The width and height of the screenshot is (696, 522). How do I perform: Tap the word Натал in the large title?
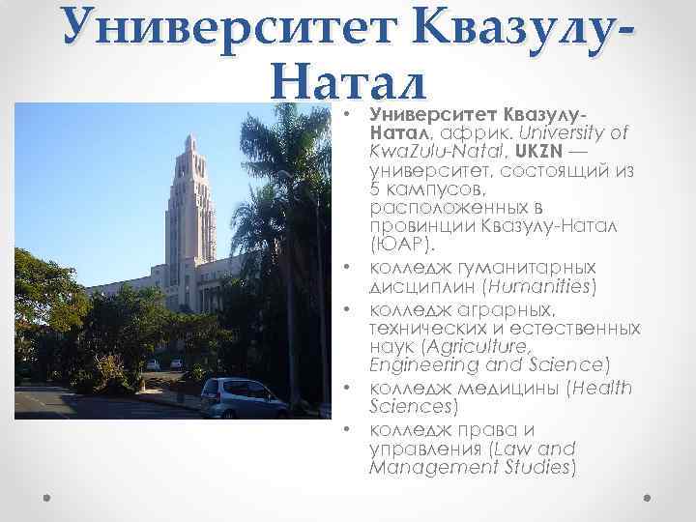click(345, 74)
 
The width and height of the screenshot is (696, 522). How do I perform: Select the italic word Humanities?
click(540, 287)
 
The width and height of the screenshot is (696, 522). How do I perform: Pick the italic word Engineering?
click(417, 364)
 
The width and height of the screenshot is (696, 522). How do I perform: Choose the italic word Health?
click(600, 387)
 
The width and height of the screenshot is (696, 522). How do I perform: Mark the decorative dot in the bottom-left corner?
click(46, 498)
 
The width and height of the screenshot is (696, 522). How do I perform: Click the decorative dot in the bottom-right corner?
click(649, 498)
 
